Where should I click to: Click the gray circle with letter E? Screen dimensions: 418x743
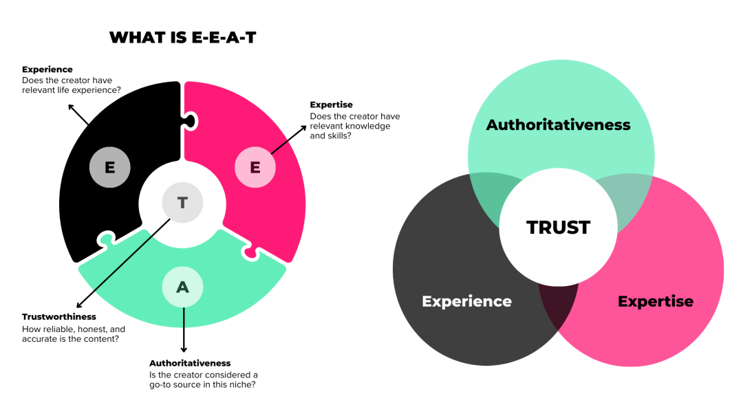(110, 168)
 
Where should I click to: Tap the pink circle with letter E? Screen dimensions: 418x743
(255, 168)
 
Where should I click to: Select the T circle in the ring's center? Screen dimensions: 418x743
(183, 203)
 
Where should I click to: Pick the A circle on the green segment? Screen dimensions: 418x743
(182, 287)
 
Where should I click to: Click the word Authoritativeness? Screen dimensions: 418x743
(558, 125)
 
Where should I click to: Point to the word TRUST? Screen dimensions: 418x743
(558, 228)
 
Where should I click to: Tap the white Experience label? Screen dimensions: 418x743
(466, 301)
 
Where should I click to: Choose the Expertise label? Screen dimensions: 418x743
(655, 301)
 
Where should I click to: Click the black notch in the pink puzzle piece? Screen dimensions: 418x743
(189, 122)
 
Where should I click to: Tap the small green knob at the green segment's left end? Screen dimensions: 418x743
(106, 239)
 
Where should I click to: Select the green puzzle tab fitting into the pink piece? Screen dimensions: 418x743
(250, 253)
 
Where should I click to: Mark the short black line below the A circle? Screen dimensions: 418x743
(184, 317)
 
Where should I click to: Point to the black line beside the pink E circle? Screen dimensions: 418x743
(279, 147)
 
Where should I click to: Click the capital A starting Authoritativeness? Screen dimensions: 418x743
(493, 125)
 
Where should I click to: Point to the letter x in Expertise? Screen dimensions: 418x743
(632, 301)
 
